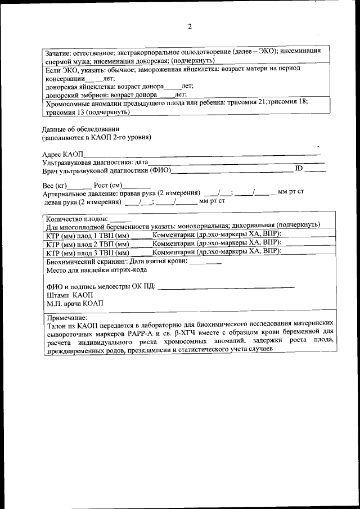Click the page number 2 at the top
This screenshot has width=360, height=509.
(x=190, y=26)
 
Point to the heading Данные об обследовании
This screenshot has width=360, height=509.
(x=80, y=129)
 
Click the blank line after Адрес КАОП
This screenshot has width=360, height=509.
(x=202, y=154)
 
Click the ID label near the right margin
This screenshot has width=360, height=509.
(x=299, y=169)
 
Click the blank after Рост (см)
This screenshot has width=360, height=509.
(x=137, y=187)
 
